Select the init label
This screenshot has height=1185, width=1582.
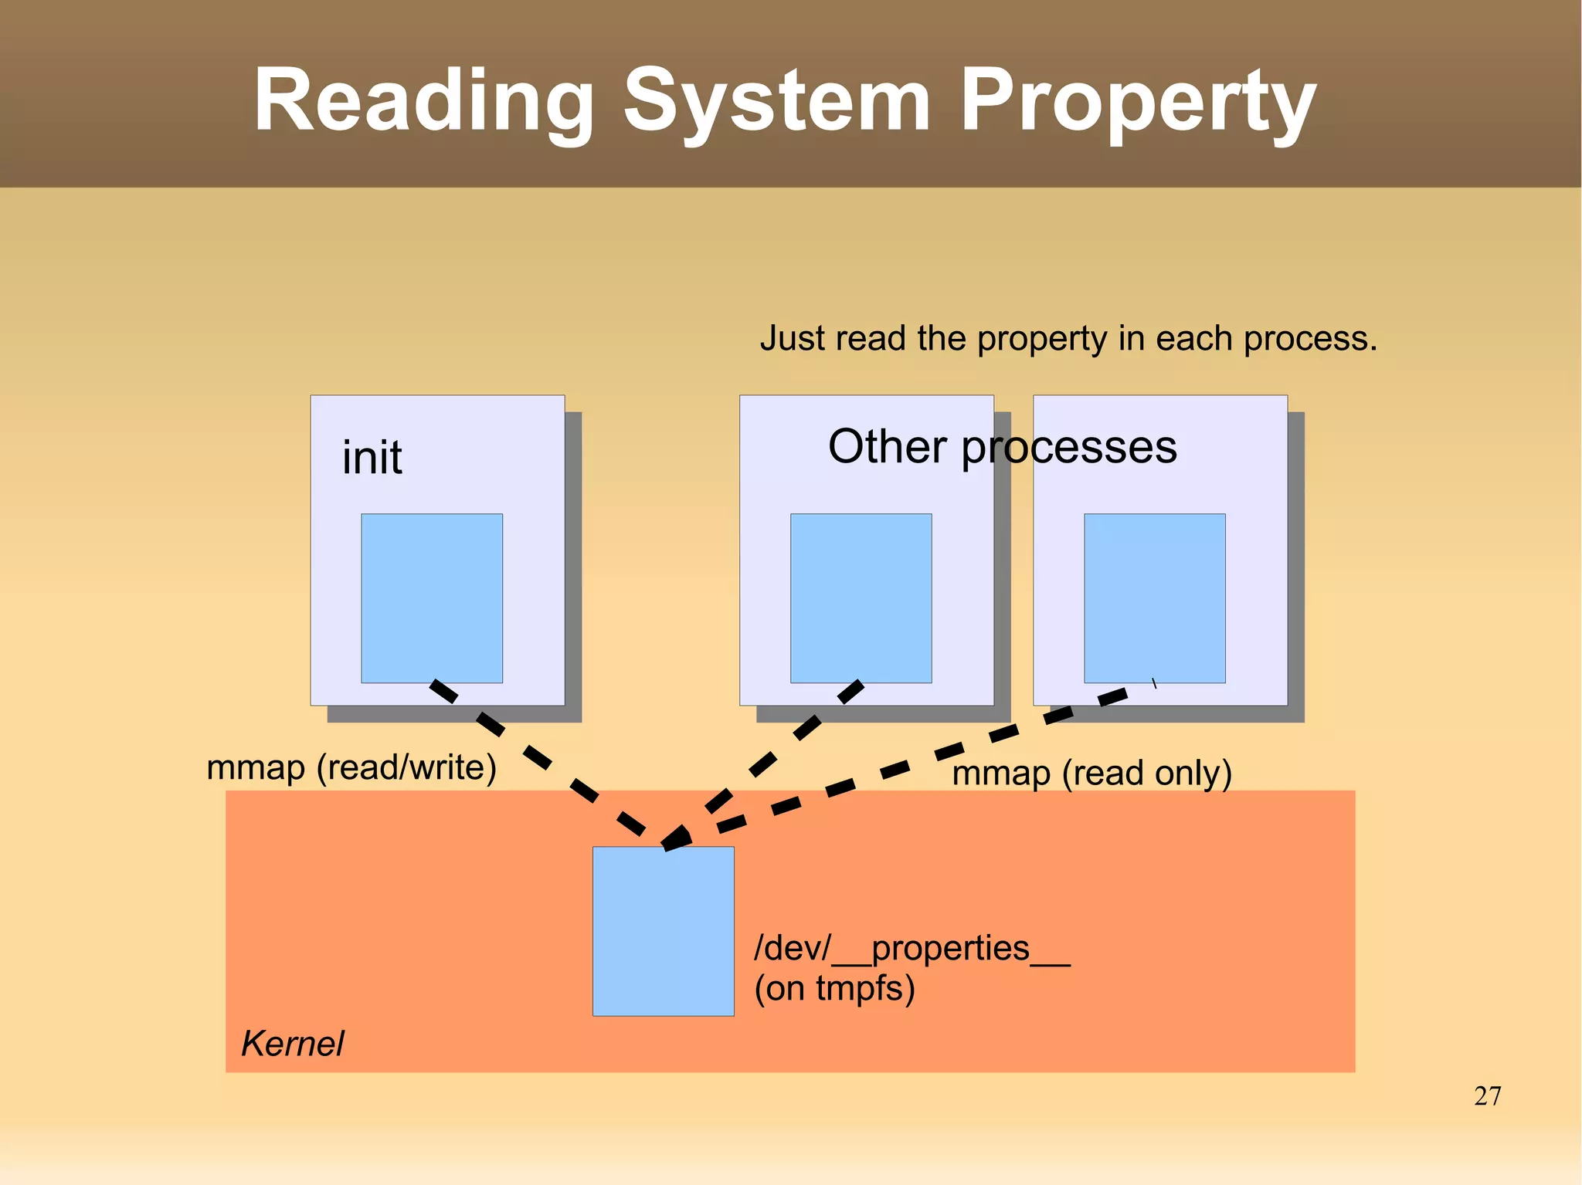coord(372,457)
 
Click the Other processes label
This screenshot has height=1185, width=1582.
coord(1002,446)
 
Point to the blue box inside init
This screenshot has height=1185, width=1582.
coord(432,598)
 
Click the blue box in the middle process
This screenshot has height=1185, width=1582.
coord(861,598)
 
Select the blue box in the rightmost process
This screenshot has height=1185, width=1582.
coord(1154,598)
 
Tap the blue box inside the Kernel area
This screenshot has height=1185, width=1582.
coord(663,930)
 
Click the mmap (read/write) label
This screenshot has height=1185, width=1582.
coord(351,767)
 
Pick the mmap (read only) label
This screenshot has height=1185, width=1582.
coord(1091,773)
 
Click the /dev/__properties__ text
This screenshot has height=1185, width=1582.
coord(912,947)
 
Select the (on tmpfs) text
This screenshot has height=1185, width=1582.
coord(834,988)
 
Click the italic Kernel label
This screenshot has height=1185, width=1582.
coord(292,1044)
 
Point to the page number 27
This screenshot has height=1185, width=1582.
coord(1487,1095)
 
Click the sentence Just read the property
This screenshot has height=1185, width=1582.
coord(1068,338)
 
